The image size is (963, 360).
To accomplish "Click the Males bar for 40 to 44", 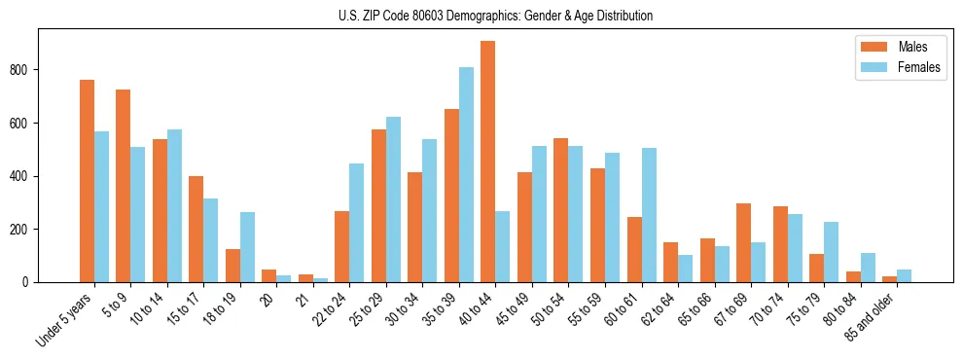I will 487,162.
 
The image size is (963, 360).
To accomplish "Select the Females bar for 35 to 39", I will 466,175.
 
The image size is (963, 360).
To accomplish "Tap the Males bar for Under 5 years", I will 87,181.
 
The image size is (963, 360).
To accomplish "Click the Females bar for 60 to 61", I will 649,215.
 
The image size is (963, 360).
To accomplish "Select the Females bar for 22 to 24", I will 356,223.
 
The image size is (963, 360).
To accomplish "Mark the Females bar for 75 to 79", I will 831,252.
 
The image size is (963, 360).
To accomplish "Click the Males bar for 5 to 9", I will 123,186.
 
